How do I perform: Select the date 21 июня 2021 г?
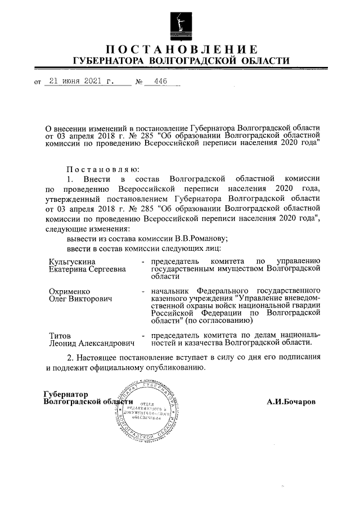pos(82,81)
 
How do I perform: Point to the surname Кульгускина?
pos(72,262)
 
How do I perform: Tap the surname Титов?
pos(60,335)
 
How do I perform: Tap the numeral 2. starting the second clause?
pos(70,357)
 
